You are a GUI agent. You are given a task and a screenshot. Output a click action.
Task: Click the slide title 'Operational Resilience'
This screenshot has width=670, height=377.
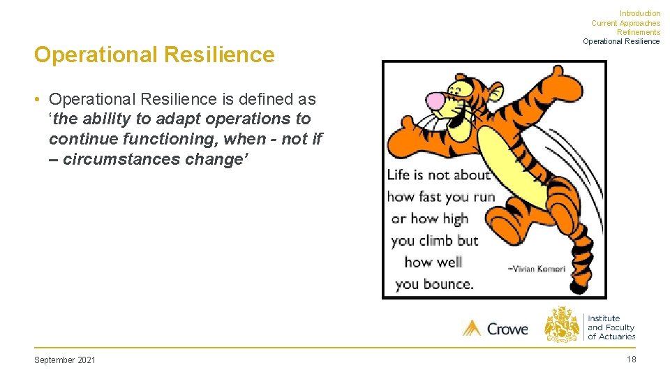point(154,54)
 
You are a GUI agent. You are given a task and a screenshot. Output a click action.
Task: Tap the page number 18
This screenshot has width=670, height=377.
point(631,360)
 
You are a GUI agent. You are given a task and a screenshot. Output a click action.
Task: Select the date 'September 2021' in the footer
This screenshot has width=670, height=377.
point(65,360)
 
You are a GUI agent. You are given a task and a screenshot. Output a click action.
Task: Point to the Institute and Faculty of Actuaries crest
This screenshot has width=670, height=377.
point(562,324)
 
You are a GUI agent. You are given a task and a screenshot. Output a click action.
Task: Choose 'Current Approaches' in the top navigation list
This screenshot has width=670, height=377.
point(625,23)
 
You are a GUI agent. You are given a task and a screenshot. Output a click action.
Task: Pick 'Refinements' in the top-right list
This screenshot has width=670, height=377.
point(638,32)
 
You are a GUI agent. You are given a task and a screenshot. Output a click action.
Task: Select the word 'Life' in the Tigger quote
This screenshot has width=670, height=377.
point(399,175)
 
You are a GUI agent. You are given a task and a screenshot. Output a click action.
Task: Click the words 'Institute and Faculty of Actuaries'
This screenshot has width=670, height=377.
point(611,327)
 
